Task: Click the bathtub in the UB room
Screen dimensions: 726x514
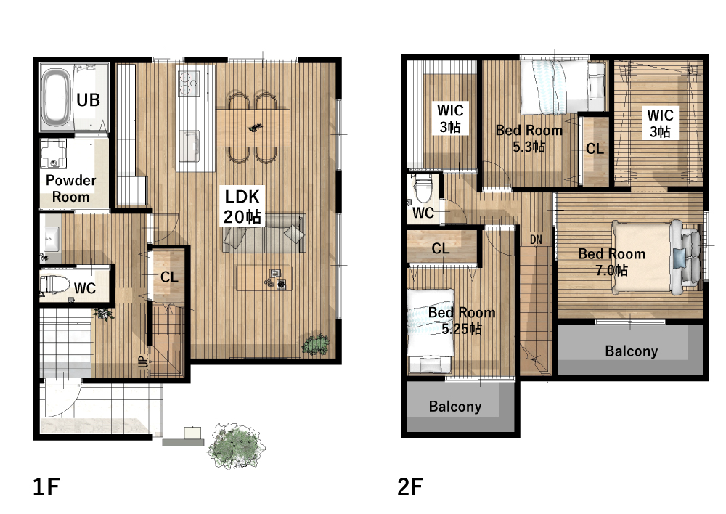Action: (x=57, y=99)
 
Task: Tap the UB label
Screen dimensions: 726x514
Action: (x=88, y=99)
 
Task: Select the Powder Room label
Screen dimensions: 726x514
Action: (x=70, y=189)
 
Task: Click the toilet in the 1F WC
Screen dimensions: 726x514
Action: (x=54, y=284)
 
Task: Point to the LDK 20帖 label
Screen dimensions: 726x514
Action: (x=242, y=206)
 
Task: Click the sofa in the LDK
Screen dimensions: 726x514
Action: (x=264, y=233)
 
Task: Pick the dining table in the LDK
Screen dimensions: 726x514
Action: (x=253, y=128)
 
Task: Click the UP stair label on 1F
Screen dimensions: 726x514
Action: (x=144, y=362)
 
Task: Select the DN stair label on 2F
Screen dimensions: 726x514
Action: (x=536, y=240)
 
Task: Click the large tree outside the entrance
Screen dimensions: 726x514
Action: (x=237, y=446)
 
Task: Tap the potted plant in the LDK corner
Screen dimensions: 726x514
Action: (x=316, y=345)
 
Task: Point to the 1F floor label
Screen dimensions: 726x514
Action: (x=46, y=486)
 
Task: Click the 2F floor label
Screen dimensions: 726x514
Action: (x=410, y=486)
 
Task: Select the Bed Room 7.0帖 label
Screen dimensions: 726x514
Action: (x=611, y=261)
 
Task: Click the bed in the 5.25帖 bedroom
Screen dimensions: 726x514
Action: (x=430, y=331)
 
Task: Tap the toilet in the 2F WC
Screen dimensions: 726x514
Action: (x=423, y=189)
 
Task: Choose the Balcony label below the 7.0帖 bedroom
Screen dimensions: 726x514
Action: (x=631, y=351)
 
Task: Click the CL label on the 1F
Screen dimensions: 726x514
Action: (x=169, y=277)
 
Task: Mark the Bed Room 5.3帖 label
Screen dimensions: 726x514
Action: (x=529, y=139)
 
